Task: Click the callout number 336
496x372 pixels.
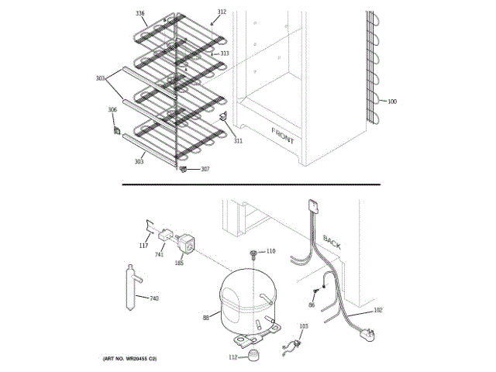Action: pyautogui.click(x=140, y=14)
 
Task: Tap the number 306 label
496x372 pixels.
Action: pyautogui.click(x=112, y=110)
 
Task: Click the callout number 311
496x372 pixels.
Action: pyautogui.click(x=238, y=141)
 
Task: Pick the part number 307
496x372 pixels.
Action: pyautogui.click(x=205, y=169)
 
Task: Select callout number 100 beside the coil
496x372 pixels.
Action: pyautogui.click(x=392, y=102)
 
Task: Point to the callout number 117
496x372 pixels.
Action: pyautogui.click(x=143, y=246)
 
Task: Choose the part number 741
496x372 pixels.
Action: pyautogui.click(x=159, y=254)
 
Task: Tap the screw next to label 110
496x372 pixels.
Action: pyautogui.click(x=253, y=253)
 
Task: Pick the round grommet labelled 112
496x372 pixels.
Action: pyautogui.click(x=253, y=355)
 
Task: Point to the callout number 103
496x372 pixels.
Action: pyautogui.click(x=303, y=326)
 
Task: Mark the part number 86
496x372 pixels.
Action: pyautogui.click(x=312, y=306)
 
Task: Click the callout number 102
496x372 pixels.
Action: pyautogui.click(x=378, y=310)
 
